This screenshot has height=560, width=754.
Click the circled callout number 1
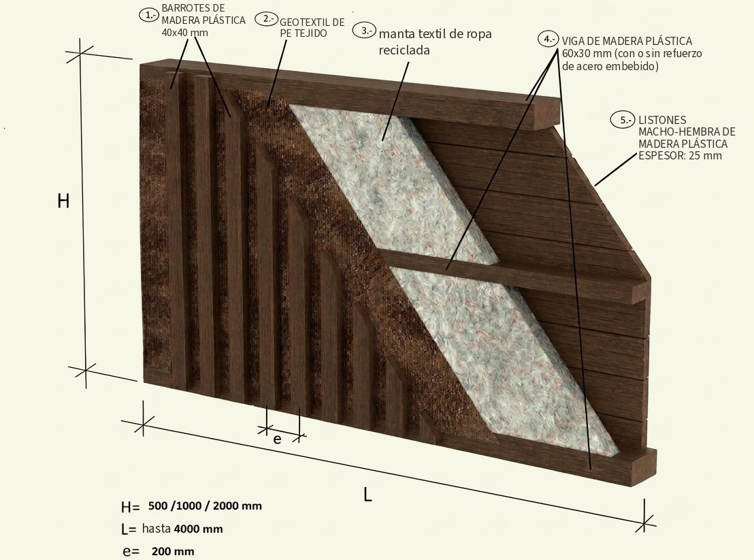pyautogui.click(x=148, y=14)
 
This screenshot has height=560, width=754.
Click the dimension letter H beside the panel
pyautogui.click(x=63, y=201)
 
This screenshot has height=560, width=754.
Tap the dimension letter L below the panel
pyautogui.click(x=368, y=495)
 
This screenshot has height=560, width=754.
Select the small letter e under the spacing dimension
pyautogui.click(x=277, y=439)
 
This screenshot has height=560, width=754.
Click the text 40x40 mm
pyautogui.click(x=184, y=33)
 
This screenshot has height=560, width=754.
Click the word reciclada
pyautogui.click(x=404, y=50)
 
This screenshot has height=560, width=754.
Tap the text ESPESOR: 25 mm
pyautogui.click(x=680, y=155)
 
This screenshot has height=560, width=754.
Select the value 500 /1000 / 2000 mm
pyautogui.click(x=206, y=505)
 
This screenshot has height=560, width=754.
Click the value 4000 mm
pyautogui.click(x=198, y=529)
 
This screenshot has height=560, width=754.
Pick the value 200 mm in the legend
pyautogui.click(x=173, y=551)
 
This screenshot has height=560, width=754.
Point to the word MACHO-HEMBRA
pyautogui.click(x=687, y=131)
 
